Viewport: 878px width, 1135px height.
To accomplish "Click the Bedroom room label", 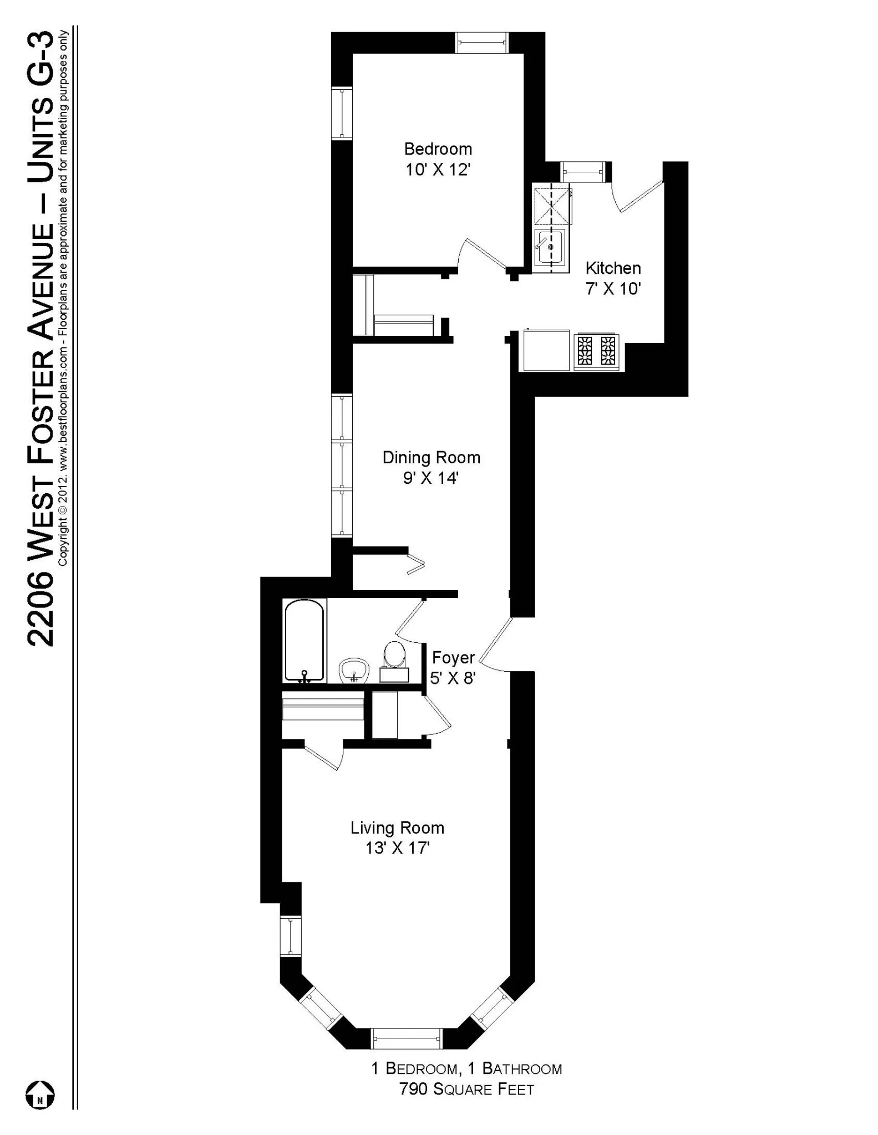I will (x=438, y=149).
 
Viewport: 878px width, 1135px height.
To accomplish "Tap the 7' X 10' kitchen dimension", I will (x=613, y=289).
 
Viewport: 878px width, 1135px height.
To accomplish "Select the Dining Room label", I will (x=431, y=457).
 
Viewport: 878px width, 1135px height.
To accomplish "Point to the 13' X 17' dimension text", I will (x=397, y=848).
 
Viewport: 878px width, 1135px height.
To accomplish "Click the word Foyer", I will (x=453, y=658).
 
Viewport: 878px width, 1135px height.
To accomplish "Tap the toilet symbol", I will (x=394, y=661).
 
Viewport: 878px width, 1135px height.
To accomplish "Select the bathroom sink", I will (x=354, y=670).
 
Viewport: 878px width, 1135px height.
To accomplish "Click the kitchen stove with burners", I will (x=596, y=351).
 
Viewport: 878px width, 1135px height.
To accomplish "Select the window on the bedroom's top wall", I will (x=481, y=43).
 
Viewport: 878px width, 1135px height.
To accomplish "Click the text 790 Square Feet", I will (x=466, y=1090).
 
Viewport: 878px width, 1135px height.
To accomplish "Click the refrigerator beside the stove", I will (x=546, y=350).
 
